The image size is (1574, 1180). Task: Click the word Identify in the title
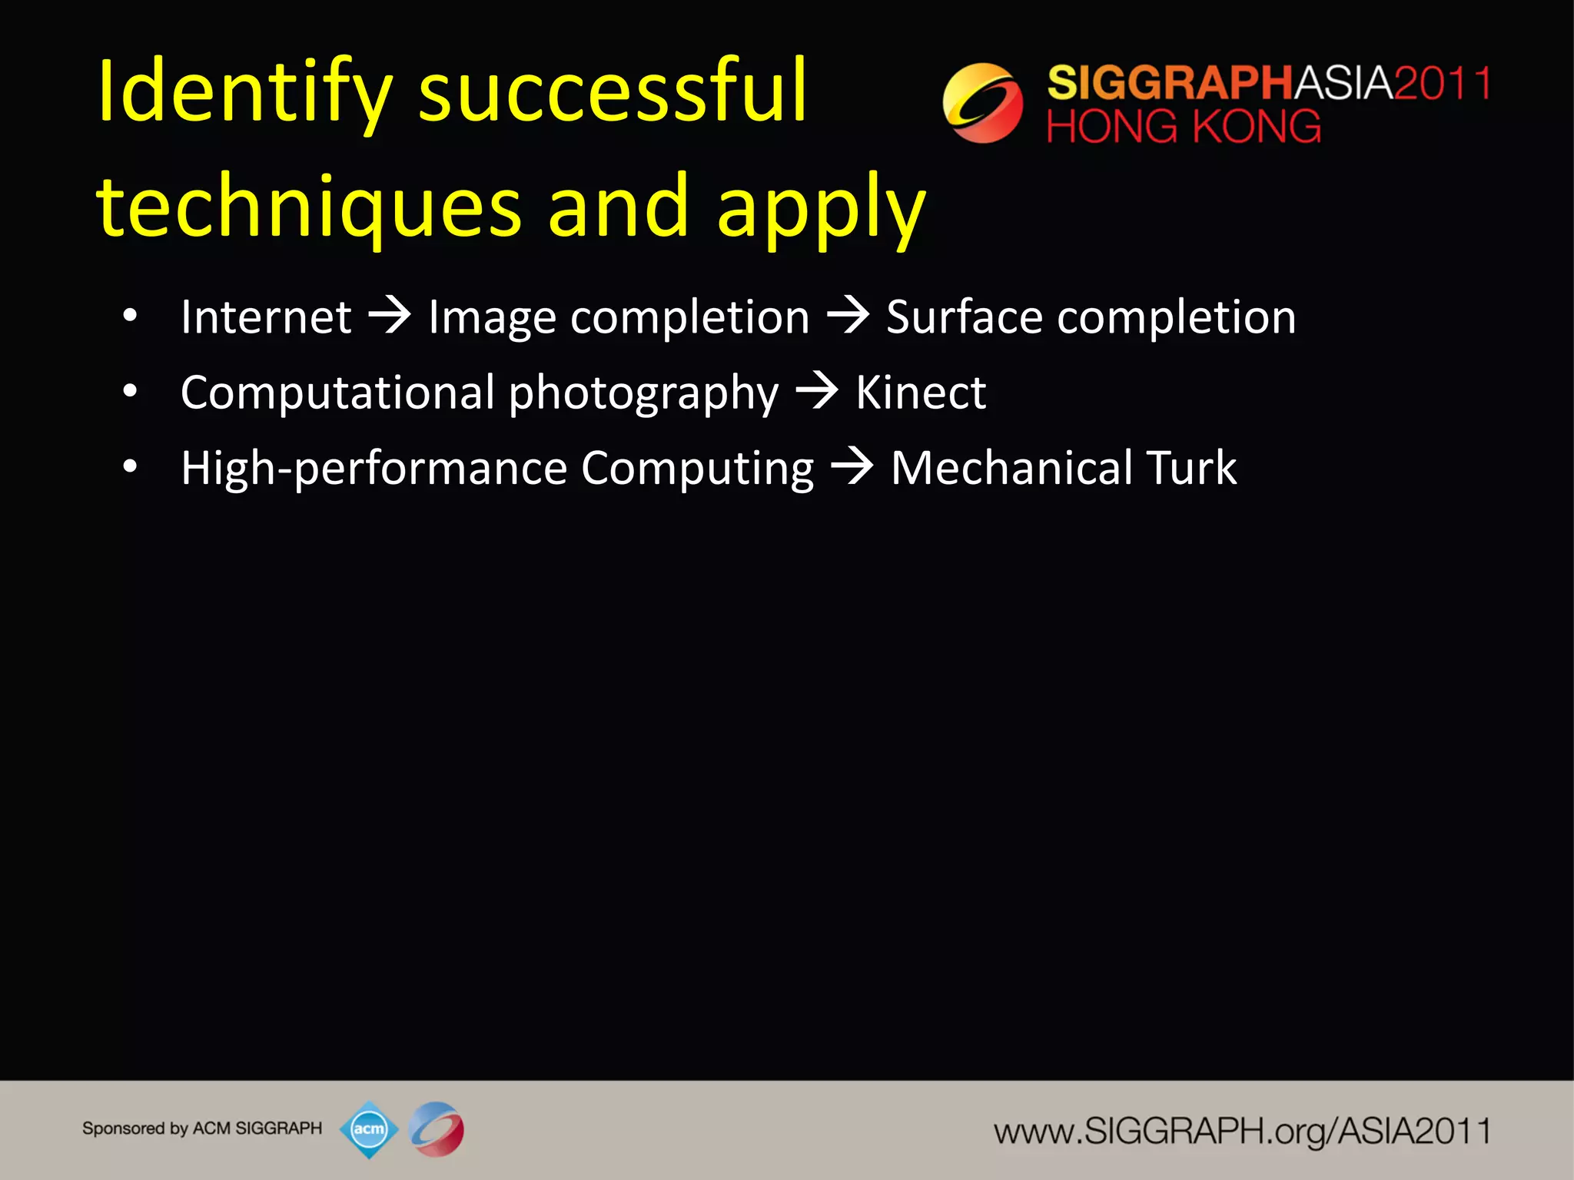244,92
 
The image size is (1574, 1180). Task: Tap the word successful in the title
613,92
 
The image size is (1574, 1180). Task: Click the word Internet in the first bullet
266,317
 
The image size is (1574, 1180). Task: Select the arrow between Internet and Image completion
390,316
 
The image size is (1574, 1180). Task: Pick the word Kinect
921,393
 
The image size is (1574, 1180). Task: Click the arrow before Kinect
817,391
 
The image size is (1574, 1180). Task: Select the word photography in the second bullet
643,394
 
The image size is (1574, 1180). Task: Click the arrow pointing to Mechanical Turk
852,466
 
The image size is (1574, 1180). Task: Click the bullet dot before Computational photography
130,392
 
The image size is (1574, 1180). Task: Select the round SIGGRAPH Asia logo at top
982,103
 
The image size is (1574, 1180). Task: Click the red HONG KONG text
1184,127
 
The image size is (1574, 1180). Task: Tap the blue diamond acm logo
369,1129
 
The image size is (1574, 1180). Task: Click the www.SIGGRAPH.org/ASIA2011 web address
1242,1131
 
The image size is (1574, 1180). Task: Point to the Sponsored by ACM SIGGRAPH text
202,1129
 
